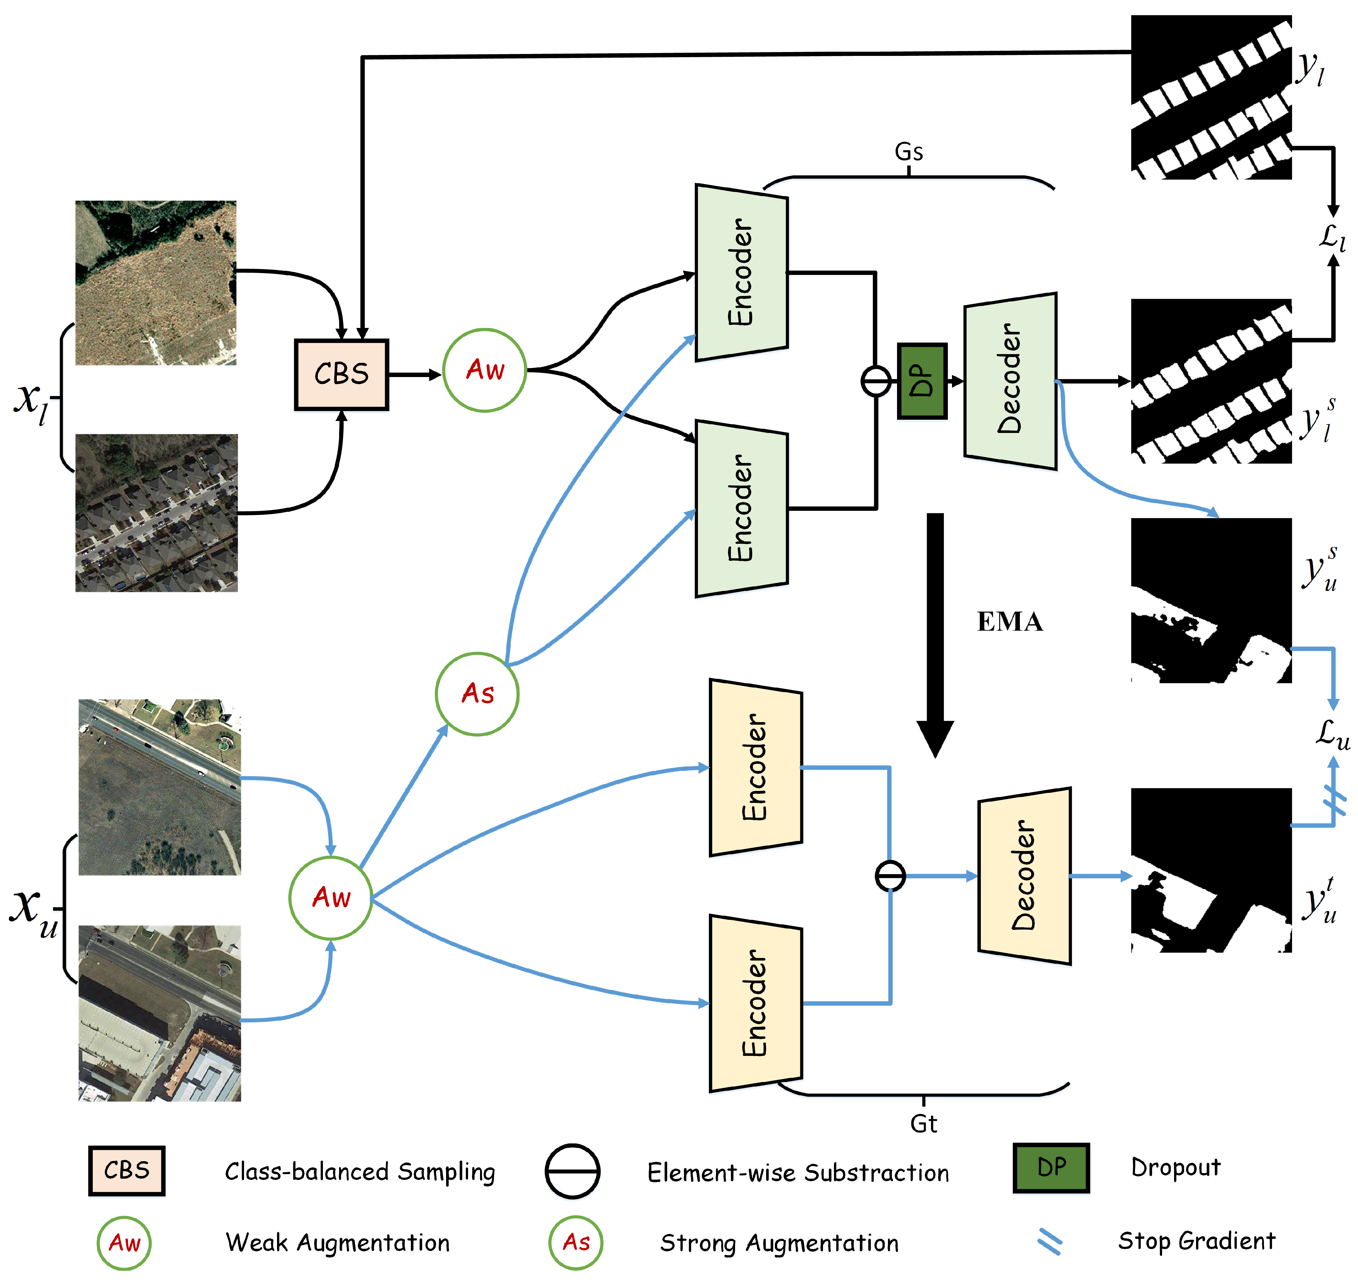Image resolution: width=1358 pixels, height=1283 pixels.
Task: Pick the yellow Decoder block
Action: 1024,876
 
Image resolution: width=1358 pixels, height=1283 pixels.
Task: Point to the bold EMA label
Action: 1010,622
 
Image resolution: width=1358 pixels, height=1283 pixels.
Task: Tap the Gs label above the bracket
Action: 909,152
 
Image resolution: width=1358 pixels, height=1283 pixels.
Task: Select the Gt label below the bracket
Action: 924,1124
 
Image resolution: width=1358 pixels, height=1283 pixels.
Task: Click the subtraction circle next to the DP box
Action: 876,381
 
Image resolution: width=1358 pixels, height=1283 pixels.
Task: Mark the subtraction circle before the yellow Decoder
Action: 890,876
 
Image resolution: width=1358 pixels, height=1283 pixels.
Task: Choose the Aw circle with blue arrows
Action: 330,897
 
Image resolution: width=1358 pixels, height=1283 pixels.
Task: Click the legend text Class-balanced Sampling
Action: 360,1172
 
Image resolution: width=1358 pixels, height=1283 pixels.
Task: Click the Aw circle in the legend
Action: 124,1243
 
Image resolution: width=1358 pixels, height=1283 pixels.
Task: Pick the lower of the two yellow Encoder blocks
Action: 755,1003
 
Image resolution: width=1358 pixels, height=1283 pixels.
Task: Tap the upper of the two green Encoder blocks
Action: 741,272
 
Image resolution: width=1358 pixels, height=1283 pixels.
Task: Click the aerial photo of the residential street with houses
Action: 157,513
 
